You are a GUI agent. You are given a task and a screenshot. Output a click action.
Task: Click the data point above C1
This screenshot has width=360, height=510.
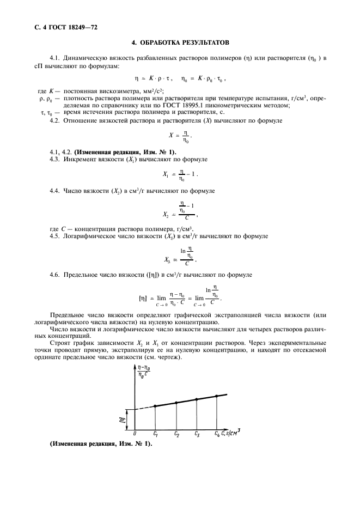tap(155, 406)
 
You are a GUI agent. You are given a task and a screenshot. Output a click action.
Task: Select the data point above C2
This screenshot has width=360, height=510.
tap(176, 403)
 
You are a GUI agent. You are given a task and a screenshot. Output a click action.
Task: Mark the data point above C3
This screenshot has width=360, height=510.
tap(197, 399)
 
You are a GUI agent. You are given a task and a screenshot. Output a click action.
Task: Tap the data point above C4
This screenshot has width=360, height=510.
tap(217, 396)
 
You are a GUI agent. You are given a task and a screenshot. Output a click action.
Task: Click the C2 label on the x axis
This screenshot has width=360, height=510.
tap(176, 434)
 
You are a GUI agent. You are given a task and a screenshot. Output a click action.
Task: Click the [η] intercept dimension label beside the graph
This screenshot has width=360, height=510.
tap(123, 419)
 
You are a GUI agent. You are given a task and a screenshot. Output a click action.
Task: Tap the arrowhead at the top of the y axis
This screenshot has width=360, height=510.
tap(133, 368)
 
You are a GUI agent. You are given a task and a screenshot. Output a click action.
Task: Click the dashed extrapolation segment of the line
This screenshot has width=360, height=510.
tap(144, 408)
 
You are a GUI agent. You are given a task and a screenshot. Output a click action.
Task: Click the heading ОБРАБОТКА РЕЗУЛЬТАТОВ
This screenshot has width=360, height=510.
tap(180, 42)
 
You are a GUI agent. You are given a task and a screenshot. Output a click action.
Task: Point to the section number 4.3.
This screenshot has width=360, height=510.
tap(54, 159)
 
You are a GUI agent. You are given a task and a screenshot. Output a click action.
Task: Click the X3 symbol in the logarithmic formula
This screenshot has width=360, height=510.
tap(168, 260)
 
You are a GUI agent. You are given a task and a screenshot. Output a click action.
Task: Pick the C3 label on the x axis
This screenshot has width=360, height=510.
tap(197, 434)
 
